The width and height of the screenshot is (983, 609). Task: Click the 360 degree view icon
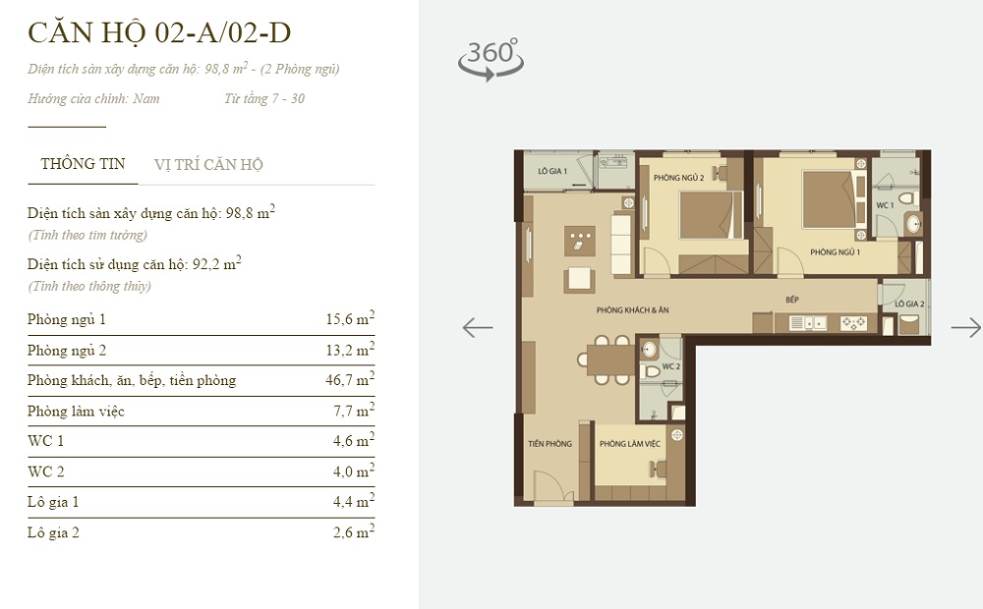[491, 58]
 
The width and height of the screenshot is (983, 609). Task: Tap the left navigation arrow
[478, 327]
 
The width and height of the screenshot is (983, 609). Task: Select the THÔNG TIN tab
[83, 164]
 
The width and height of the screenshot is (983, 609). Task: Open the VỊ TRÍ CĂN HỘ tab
[208, 165]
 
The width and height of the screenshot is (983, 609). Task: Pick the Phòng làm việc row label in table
[77, 411]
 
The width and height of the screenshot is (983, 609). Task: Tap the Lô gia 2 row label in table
[54, 532]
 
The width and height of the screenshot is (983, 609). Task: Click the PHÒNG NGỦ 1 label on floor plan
[835, 252]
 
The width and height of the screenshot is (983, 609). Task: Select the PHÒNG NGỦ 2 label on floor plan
[678, 177]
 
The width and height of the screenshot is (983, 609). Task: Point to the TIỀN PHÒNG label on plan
[549, 444]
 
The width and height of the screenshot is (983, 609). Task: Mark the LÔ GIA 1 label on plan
[552, 171]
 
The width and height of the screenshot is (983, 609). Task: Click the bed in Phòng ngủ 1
[826, 197]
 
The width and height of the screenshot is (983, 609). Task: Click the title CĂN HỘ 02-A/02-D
[159, 33]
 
